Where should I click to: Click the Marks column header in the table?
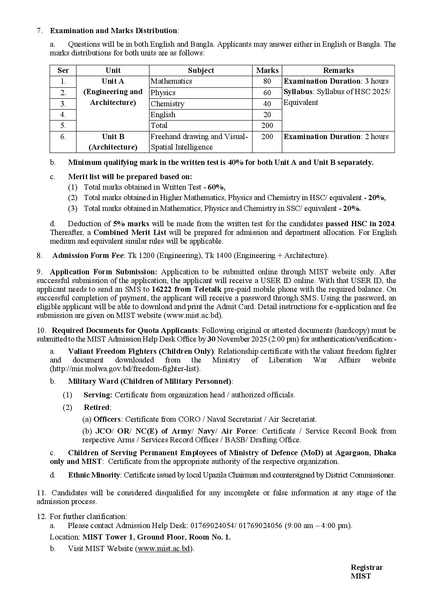267,70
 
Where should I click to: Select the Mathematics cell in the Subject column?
171,81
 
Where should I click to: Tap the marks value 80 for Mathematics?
267,81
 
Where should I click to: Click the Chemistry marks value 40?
267,104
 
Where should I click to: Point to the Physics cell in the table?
163,93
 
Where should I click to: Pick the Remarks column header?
338,70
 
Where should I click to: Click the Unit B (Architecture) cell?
113,142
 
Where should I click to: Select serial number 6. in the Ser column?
63,137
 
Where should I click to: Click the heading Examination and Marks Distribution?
113,31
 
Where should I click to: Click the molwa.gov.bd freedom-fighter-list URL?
126,368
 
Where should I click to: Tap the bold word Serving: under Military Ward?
98,395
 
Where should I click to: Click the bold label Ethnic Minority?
94,475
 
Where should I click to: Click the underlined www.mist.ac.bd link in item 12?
164,549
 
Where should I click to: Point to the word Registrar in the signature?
366,567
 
